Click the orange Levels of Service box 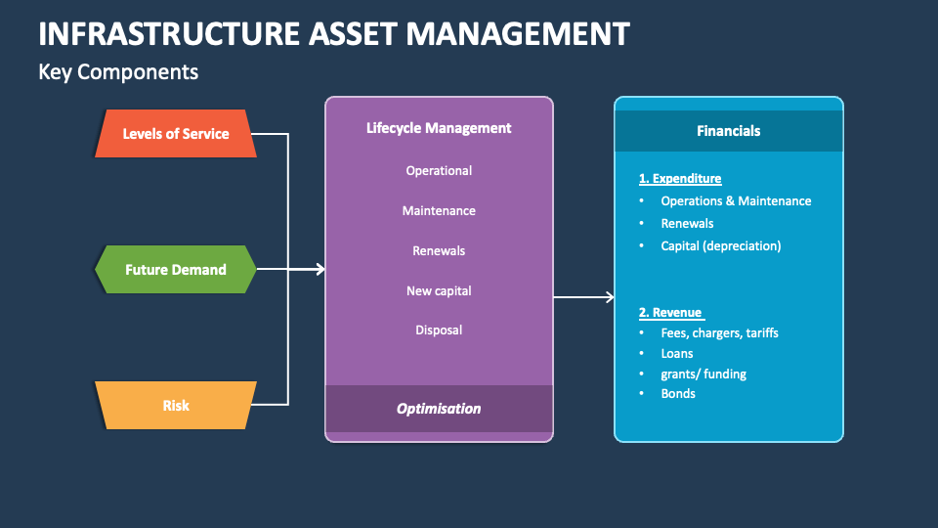176,133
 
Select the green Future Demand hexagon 176,269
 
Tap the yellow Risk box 176,405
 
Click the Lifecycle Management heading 439,127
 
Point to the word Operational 439,170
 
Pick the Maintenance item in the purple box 439,210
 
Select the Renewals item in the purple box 439,250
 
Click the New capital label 439,290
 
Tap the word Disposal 439,330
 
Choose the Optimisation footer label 439,409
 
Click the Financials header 728,130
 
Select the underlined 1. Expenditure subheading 680,178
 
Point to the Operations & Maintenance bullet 736,200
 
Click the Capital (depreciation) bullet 720,245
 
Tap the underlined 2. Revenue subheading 670,312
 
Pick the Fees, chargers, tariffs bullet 719,332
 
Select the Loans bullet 677,353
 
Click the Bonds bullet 678,393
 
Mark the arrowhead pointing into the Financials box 610,297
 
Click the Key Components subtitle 118,71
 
